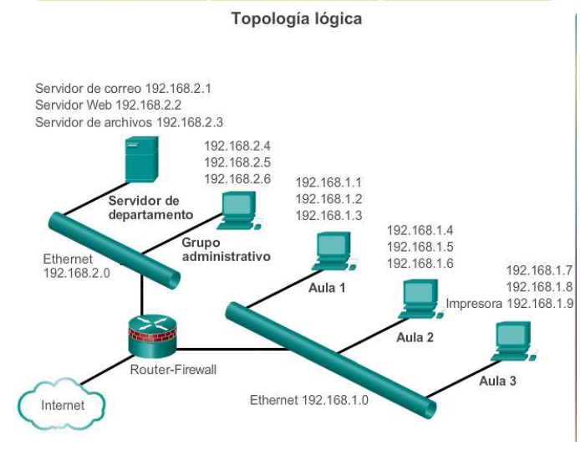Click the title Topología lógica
(x=297, y=19)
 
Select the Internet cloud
(x=62, y=404)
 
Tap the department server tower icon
(x=142, y=160)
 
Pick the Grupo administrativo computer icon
(x=242, y=210)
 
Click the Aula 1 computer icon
(x=335, y=251)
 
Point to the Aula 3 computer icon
(x=514, y=341)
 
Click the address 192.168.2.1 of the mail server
(x=178, y=89)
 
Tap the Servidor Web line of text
(x=109, y=105)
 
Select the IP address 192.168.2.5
(x=237, y=162)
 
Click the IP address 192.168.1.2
(x=328, y=199)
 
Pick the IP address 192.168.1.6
(x=420, y=264)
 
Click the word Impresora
(x=474, y=304)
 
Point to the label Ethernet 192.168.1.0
(x=309, y=400)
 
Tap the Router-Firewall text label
(x=173, y=370)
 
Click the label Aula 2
(x=415, y=338)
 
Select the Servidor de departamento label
(x=150, y=208)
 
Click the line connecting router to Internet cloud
(x=106, y=370)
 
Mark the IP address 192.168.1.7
(x=539, y=270)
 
